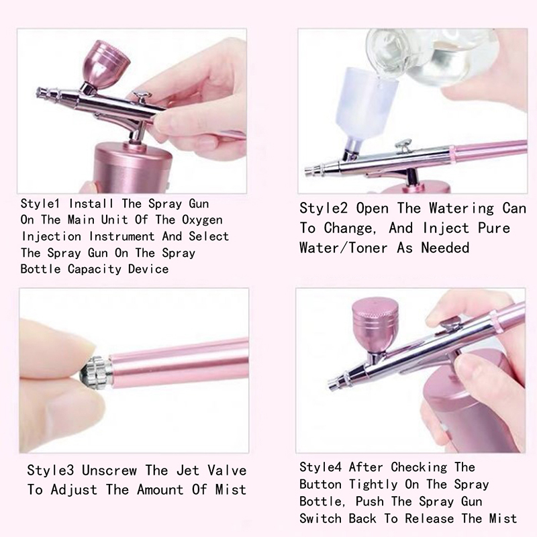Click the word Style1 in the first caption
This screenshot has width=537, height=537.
click(x=40, y=204)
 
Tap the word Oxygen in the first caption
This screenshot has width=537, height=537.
click(x=202, y=220)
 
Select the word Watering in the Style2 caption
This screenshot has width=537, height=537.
click(x=461, y=208)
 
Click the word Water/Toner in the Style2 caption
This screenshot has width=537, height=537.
click(x=344, y=248)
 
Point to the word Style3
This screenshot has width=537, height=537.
click(x=50, y=471)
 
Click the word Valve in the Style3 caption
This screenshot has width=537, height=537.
click(x=227, y=471)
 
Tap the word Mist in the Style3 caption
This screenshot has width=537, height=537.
click(x=230, y=489)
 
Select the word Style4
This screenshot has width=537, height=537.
click(x=321, y=467)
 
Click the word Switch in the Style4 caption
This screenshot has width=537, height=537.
click(x=321, y=518)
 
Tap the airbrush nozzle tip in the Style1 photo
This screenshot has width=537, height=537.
click(x=40, y=93)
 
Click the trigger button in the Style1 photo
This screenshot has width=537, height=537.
click(x=141, y=96)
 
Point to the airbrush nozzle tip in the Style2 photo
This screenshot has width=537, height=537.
click(x=309, y=170)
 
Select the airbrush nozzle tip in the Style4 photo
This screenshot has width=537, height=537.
click(x=332, y=385)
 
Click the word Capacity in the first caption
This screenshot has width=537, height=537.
click(x=94, y=269)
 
